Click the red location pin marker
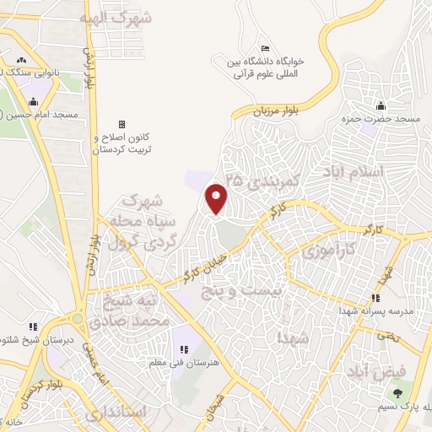(x=217, y=198)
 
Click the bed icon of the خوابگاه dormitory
(x=266, y=48)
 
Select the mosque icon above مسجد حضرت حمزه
(x=381, y=105)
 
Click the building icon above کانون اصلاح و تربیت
(x=121, y=123)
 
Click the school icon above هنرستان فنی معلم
(x=182, y=349)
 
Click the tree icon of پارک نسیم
(x=396, y=394)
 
